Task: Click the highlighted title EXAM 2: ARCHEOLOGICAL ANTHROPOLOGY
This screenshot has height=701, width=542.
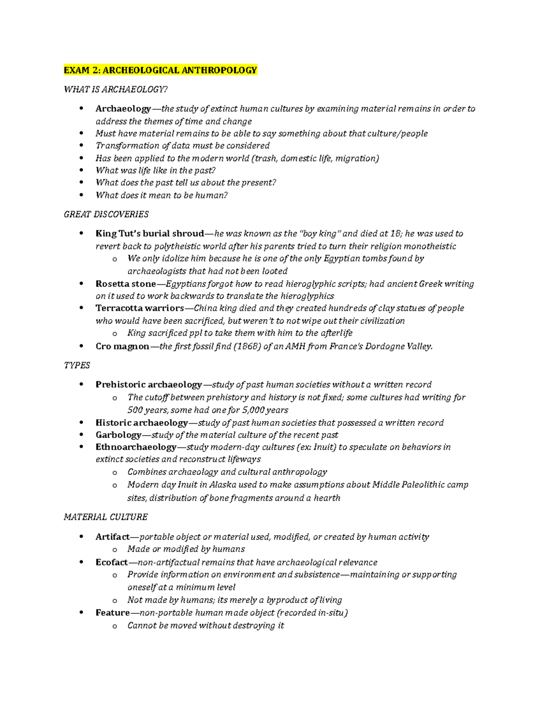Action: point(160,70)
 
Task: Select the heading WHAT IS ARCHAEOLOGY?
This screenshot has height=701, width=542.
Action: point(116,89)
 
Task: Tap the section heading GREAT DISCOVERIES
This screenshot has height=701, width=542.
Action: point(106,214)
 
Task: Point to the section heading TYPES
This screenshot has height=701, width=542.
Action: point(77,365)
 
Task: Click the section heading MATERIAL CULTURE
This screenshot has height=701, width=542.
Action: point(106,517)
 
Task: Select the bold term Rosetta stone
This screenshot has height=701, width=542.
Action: point(126,284)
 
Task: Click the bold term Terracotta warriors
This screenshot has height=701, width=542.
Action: point(140,308)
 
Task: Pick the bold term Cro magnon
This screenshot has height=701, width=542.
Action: point(122,346)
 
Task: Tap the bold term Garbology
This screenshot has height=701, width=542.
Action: point(118,435)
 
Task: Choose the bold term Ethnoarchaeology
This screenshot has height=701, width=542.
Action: point(135,447)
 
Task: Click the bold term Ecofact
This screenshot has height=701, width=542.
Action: point(112,562)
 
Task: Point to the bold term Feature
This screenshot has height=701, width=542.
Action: point(112,613)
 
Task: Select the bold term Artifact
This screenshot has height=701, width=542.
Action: point(112,537)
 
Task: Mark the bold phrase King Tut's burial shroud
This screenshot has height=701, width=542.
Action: point(150,233)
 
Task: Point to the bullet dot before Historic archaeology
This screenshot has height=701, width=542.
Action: point(81,422)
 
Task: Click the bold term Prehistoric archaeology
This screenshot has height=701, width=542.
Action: point(149,385)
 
